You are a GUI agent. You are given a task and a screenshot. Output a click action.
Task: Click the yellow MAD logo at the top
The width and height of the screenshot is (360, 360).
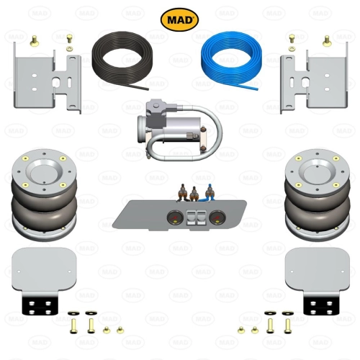pyautogui.click(x=179, y=19)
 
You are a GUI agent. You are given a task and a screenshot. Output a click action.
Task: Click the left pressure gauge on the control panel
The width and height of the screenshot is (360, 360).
pyautogui.click(x=174, y=217)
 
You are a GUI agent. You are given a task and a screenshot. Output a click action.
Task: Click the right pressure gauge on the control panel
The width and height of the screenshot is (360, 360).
pyautogui.click(x=216, y=217)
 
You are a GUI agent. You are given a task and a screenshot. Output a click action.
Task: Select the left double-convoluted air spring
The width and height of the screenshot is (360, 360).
pyautogui.click(x=45, y=195)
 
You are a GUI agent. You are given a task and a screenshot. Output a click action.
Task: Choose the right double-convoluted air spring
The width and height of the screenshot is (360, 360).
pyautogui.click(x=318, y=195)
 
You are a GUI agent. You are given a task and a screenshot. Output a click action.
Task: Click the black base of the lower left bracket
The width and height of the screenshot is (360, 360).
pyautogui.click(x=40, y=305)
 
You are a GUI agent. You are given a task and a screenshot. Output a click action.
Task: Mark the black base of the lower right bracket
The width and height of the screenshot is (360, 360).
pyautogui.click(x=321, y=305)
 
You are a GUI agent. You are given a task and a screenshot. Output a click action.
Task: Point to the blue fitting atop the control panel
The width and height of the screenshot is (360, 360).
pyautogui.click(x=210, y=192)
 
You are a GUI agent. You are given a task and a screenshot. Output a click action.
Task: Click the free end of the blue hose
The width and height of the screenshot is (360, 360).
pyautogui.click(x=257, y=89)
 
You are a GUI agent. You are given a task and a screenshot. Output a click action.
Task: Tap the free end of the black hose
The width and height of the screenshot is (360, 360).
pyautogui.click(x=147, y=89)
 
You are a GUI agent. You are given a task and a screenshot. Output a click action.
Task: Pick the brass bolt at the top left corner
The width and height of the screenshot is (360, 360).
pyautogui.click(x=35, y=40)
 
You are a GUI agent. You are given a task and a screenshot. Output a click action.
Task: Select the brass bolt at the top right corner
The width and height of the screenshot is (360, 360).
pyautogui.click(x=327, y=40)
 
